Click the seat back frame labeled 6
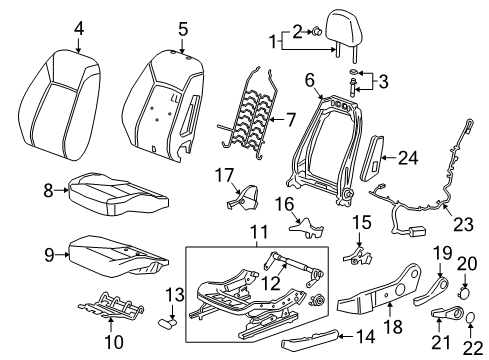click(x=325, y=140)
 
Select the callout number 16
click(x=284, y=204)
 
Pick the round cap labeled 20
click(x=467, y=296)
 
